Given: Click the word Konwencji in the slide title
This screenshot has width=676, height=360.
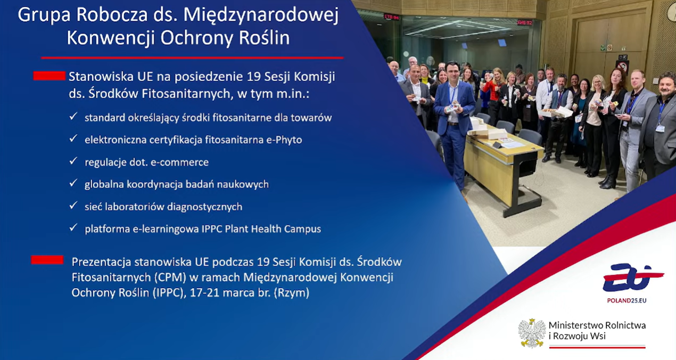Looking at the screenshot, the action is pyautogui.click(x=110, y=38).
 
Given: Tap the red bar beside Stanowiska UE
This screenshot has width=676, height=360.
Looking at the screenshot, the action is pyautogui.click(x=49, y=76).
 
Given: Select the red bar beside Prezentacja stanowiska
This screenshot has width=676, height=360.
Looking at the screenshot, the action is pyautogui.click(x=47, y=260).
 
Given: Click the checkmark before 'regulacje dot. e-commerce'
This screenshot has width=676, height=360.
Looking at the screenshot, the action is pyautogui.click(x=73, y=161).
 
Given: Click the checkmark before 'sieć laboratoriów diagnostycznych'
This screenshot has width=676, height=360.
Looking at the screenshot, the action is pyautogui.click(x=73, y=206).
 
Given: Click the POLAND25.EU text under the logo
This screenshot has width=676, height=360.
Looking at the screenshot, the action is pyautogui.click(x=627, y=300).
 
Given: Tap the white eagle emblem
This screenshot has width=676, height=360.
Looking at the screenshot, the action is pyautogui.click(x=532, y=333).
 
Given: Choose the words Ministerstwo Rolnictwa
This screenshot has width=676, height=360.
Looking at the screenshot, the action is pyautogui.click(x=597, y=325).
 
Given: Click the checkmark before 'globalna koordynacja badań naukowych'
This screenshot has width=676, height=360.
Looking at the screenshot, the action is pyautogui.click(x=73, y=183).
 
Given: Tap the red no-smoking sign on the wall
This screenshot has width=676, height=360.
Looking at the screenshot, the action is pyautogui.click(x=622, y=67).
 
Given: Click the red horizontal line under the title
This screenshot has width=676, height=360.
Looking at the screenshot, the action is pyautogui.click(x=192, y=58).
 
